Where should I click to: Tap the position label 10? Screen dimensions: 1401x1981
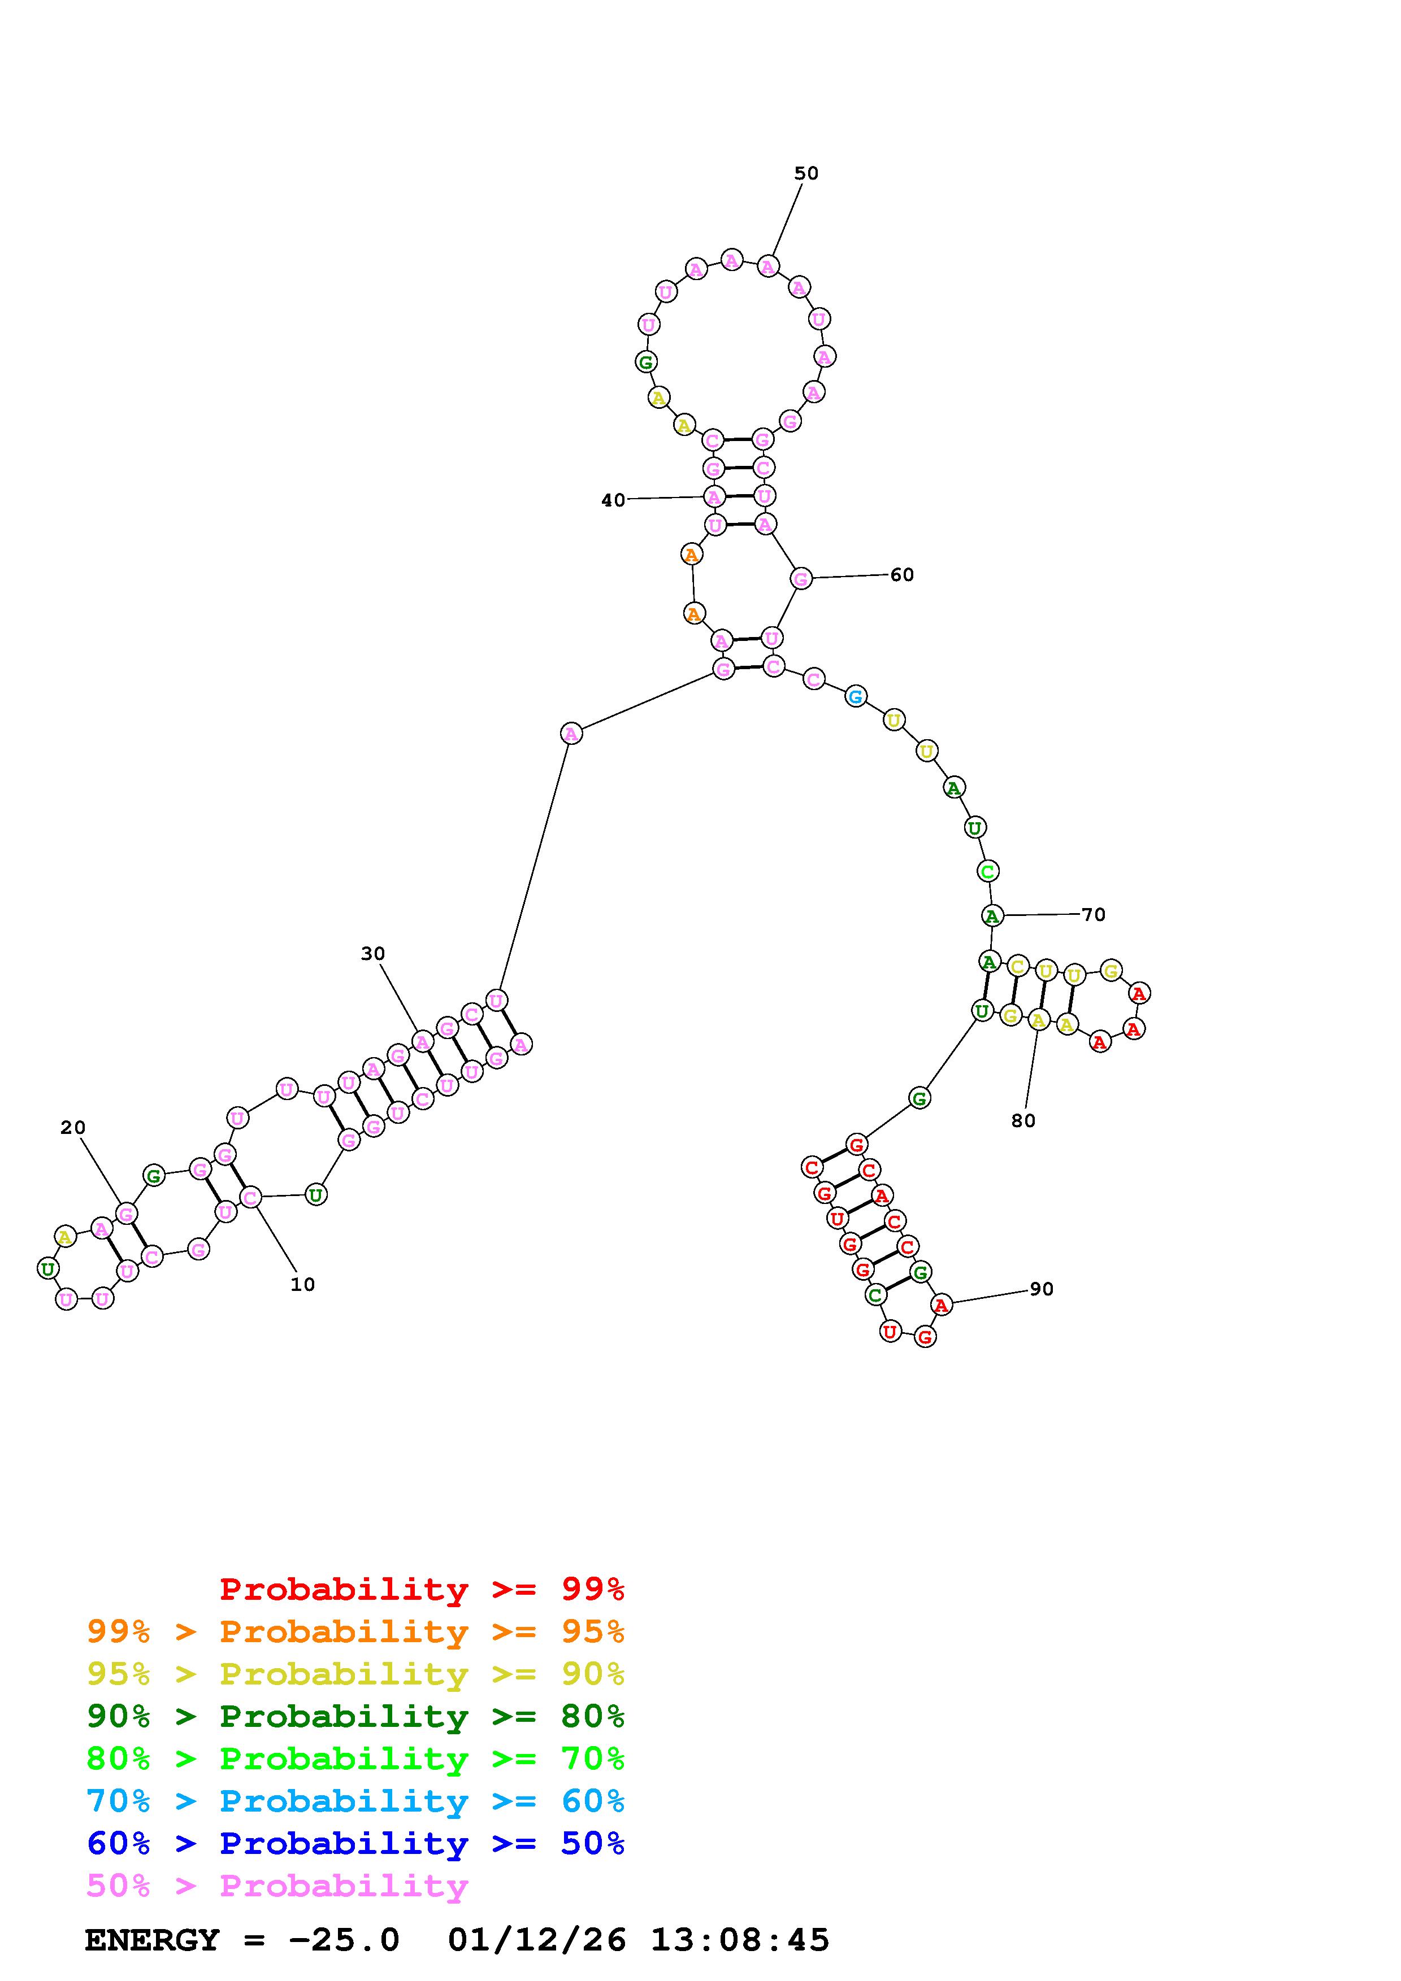pos(302,1285)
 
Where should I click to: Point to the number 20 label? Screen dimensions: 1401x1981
pos(73,1128)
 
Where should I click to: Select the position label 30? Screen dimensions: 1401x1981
pos(373,953)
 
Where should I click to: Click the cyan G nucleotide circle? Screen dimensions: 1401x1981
pos(856,696)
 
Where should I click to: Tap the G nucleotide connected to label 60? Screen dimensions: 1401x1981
pos(801,579)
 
